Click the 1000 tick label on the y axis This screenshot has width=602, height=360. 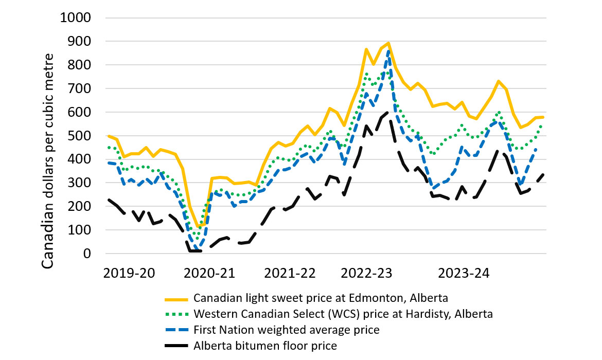click(x=75, y=18)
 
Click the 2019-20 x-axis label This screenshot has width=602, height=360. click(x=129, y=273)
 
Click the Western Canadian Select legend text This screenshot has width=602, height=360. click(x=343, y=314)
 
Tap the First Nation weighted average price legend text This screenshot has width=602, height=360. click(x=287, y=330)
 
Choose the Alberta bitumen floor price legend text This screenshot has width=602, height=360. click(x=265, y=346)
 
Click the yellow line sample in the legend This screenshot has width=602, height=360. click(x=176, y=299)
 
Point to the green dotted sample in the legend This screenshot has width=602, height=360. click(x=176, y=314)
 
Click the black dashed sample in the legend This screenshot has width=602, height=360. click(x=176, y=346)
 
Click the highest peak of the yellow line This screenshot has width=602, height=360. click(x=388, y=43)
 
